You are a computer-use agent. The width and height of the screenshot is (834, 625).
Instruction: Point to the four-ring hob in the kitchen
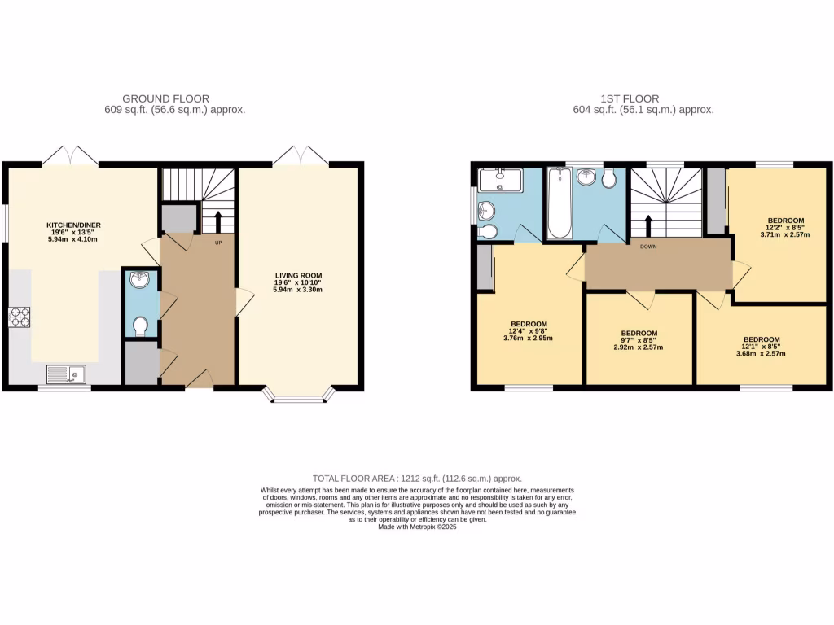[19, 317]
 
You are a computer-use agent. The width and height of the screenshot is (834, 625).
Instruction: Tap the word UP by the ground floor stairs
[217, 243]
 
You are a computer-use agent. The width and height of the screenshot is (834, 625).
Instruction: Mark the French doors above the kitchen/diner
[70, 155]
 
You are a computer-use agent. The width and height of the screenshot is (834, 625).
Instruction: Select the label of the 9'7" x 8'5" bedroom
[639, 333]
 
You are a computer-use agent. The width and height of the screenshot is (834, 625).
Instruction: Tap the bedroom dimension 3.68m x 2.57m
[762, 354]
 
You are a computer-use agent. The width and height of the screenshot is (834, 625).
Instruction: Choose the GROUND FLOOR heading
[165, 98]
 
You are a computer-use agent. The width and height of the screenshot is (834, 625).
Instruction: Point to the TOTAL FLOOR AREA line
[417, 479]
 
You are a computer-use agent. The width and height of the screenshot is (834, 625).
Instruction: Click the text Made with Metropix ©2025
[417, 527]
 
